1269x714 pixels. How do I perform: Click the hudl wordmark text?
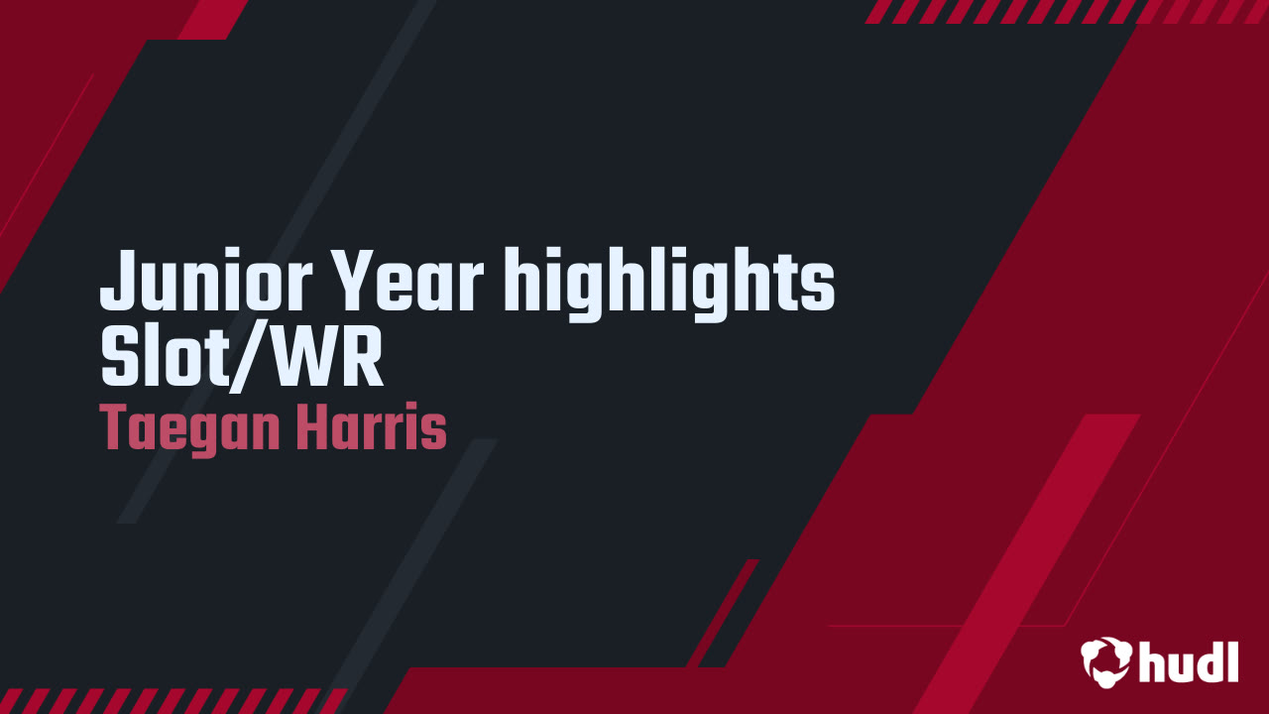1189,660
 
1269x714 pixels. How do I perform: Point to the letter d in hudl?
1211,659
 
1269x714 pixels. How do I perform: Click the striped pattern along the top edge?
1061,11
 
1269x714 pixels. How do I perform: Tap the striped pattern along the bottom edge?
169,701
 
